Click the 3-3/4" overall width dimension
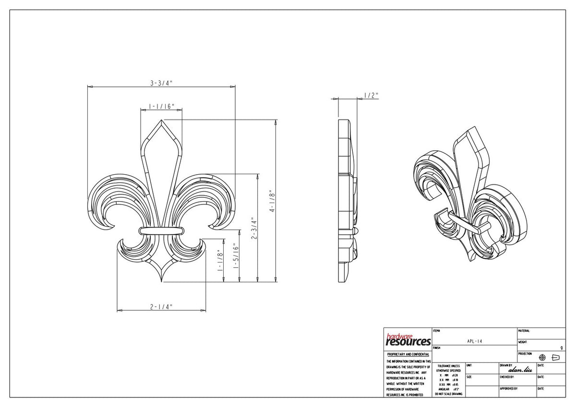pos(161,83)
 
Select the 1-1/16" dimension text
pos(161,106)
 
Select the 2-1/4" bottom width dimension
pos(161,307)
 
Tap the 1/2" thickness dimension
pos(371,96)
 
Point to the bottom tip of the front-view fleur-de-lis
pos(162,281)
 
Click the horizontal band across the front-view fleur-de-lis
pos(162,230)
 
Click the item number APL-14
pos(474,341)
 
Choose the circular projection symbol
pos(543,358)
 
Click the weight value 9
pos(562,347)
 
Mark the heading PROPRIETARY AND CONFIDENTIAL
pos(408,354)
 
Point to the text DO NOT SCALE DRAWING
pos(448,394)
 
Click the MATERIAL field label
pos(524,331)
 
